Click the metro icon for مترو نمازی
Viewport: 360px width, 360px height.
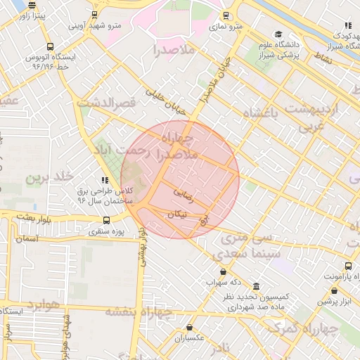click(x=226, y=15)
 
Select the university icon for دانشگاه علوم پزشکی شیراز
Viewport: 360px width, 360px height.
click(x=278, y=34)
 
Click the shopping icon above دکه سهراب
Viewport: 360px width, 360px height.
click(x=224, y=271)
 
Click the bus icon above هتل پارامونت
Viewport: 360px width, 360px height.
click(x=349, y=266)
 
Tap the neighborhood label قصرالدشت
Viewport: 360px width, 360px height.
click(x=106, y=103)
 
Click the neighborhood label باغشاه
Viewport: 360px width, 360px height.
click(x=261, y=112)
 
